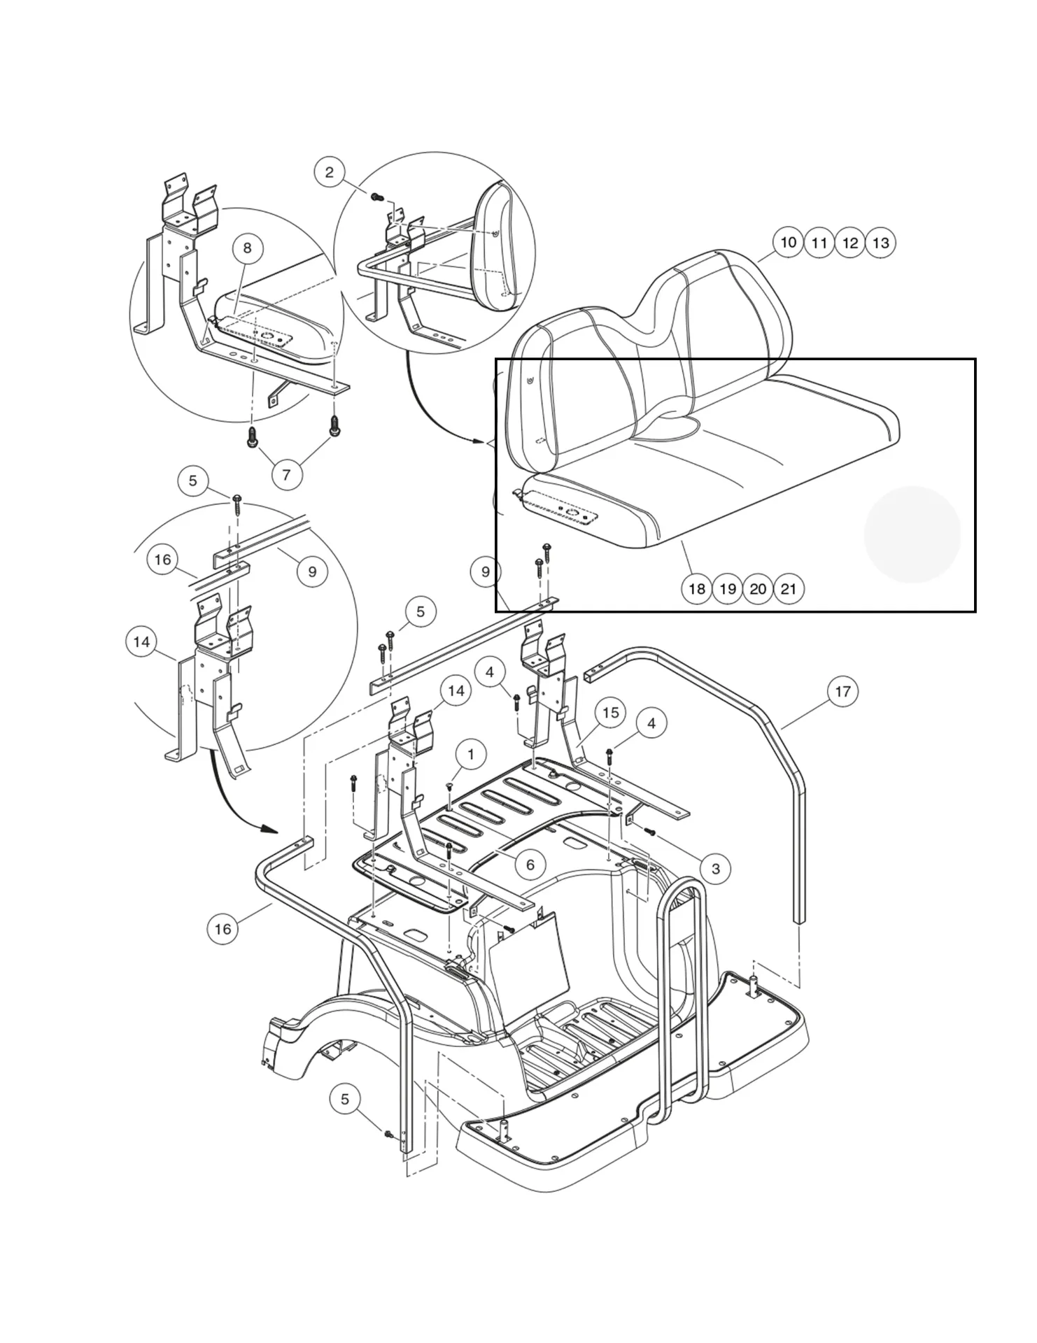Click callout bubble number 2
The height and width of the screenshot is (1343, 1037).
[x=330, y=172]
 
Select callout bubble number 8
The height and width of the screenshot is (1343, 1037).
[x=247, y=248]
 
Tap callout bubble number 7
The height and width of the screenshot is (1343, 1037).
[x=286, y=475]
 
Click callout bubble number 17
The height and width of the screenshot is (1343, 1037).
[x=842, y=691]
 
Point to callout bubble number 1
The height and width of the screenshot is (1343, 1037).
[x=470, y=754]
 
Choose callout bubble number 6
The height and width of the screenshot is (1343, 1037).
[x=530, y=865]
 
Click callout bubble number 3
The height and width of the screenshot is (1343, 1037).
[x=715, y=869]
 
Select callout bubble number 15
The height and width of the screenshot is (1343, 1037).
[x=610, y=712]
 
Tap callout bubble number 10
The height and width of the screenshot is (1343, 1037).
[x=788, y=242]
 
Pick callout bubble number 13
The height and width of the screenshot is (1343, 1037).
[x=881, y=243]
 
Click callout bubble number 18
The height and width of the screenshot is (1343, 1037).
[x=696, y=588]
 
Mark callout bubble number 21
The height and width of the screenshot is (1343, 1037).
[x=789, y=588]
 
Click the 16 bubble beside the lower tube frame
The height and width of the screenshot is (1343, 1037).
[x=223, y=929]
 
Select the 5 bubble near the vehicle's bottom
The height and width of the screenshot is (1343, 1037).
[x=344, y=1099]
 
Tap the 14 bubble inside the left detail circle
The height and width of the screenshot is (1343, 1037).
[x=141, y=642]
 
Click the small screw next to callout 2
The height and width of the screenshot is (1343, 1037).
[x=376, y=197]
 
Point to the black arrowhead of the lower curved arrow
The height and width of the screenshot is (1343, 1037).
[x=268, y=829]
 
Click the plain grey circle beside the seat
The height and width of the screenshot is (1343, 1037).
[x=912, y=534]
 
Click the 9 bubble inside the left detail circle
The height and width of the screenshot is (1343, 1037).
[x=312, y=571]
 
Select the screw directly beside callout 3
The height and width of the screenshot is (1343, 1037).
[x=649, y=832]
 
